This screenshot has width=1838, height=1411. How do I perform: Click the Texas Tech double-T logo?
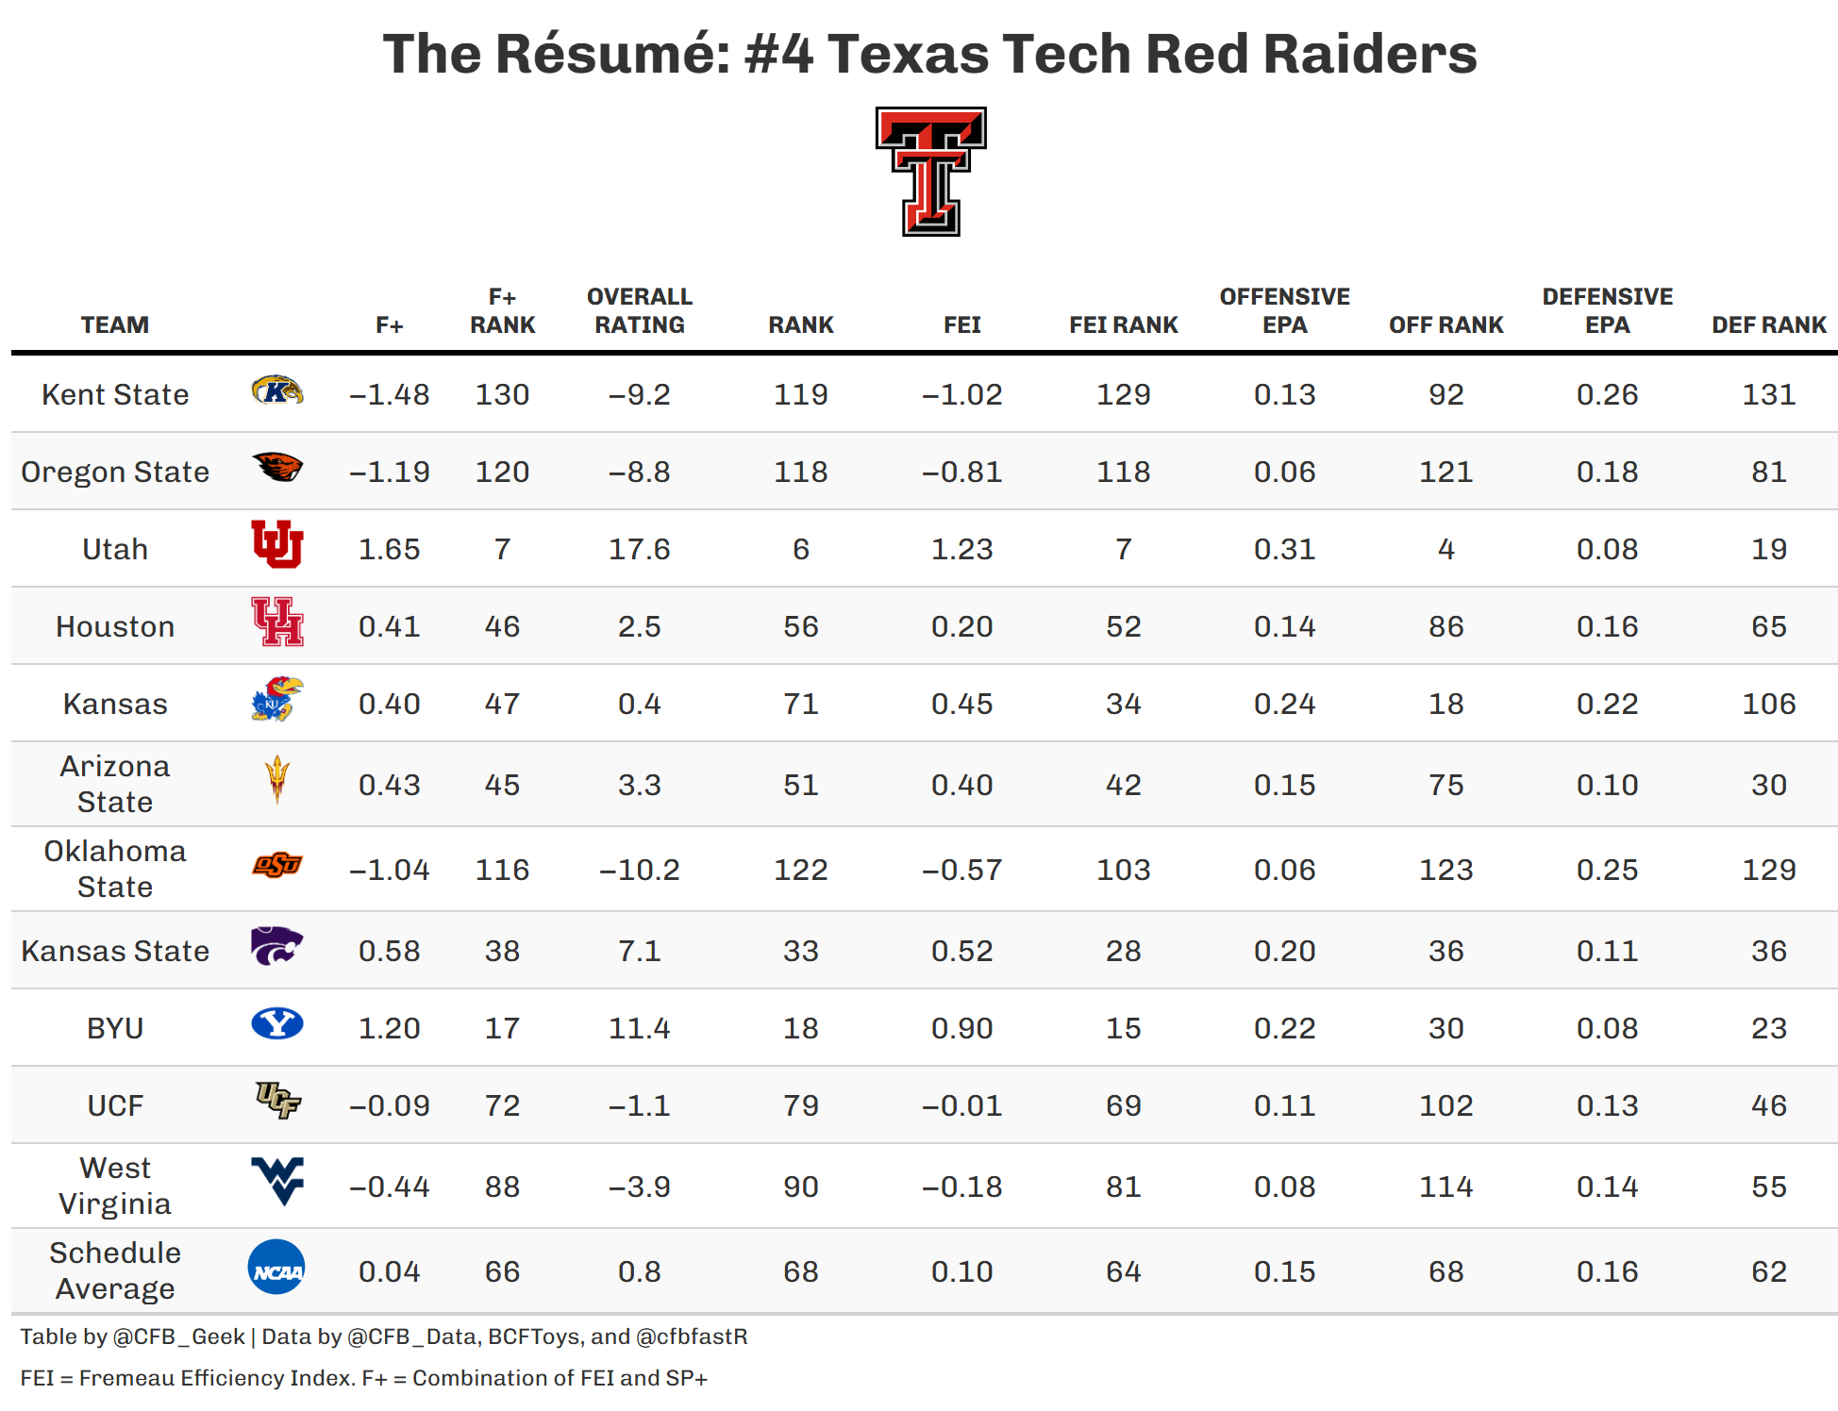[x=930, y=171]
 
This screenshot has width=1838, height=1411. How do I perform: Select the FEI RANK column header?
[x=1123, y=325]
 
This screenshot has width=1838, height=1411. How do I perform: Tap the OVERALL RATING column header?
[x=640, y=311]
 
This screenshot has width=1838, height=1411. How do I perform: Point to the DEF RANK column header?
[x=1768, y=325]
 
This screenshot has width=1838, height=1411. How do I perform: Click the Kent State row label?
[x=115, y=394]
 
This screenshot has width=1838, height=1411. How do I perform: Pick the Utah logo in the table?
[x=276, y=544]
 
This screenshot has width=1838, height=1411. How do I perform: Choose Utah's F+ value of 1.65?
[x=389, y=549]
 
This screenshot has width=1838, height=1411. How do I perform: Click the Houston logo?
[x=276, y=622]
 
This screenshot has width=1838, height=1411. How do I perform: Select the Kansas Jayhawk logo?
[x=276, y=699]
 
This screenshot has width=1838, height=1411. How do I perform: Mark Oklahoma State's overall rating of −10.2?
[x=640, y=870]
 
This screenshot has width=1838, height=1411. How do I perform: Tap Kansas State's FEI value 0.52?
[x=961, y=951]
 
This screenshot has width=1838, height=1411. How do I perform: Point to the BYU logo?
[x=276, y=1023]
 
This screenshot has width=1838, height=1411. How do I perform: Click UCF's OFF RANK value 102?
[x=1445, y=1105]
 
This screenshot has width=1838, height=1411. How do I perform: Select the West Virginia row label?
[x=115, y=1186]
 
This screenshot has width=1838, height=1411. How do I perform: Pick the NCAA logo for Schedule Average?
[x=276, y=1267]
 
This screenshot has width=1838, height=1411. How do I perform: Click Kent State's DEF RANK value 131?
[x=1768, y=394]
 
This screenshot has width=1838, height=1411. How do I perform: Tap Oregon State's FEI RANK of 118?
[x=1123, y=472]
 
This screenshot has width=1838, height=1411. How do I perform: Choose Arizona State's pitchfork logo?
[x=276, y=779]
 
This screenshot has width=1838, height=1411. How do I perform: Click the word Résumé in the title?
[x=612, y=54]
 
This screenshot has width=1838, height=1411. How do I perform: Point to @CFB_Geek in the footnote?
[x=178, y=1336]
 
